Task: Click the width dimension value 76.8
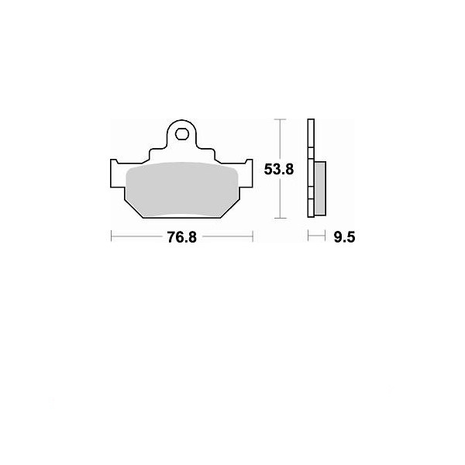click(x=182, y=237)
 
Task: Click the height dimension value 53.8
click(x=279, y=170)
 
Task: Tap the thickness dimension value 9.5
click(x=344, y=237)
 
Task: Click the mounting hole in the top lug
click(x=182, y=134)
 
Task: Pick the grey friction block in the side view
click(x=320, y=188)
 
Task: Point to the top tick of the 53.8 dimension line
click(x=281, y=119)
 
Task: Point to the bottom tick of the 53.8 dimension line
click(x=281, y=218)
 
